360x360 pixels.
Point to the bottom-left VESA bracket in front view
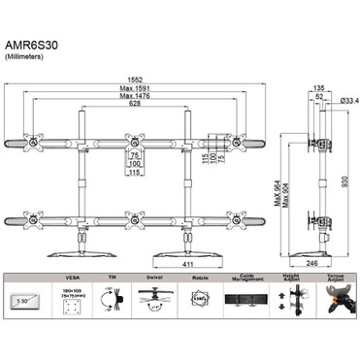(36, 217)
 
